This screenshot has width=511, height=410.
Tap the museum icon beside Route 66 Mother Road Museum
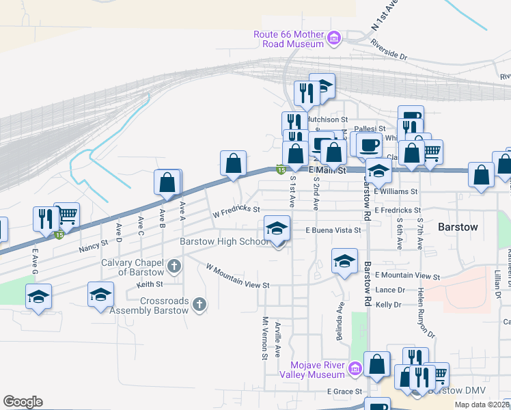(x=334, y=39)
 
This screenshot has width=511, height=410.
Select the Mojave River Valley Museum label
(x=318, y=370)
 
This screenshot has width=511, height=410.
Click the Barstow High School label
(x=224, y=241)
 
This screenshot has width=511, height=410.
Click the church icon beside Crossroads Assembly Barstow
(x=199, y=305)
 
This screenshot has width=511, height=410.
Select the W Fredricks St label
(x=236, y=209)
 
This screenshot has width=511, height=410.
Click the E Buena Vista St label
(x=333, y=231)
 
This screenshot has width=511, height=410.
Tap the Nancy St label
(x=94, y=245)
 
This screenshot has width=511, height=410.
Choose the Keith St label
(x=150, y=284)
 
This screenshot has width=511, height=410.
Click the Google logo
(x=23, y=402)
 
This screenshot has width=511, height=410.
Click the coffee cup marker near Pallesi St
(x=369, y=144)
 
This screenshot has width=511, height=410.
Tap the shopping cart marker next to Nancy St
(x=66, y=215)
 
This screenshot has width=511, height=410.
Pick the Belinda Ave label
(x=340, y=317)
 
